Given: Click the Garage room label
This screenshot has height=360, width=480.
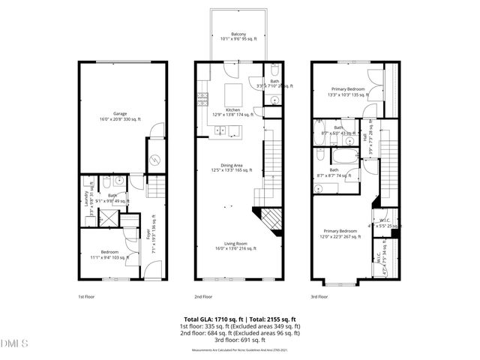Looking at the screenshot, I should (x=114, y=115).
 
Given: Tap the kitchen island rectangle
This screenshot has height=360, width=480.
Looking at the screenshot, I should (x=233, y=94).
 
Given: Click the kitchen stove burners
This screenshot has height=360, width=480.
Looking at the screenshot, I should (x=202, y=97).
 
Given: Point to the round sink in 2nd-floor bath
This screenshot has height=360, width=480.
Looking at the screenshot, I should (x=274, y=99).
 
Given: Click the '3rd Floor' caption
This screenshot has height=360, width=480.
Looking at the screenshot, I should (x=320, y=296).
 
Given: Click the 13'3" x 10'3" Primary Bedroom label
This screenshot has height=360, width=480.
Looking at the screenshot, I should (x=346, y=91).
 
